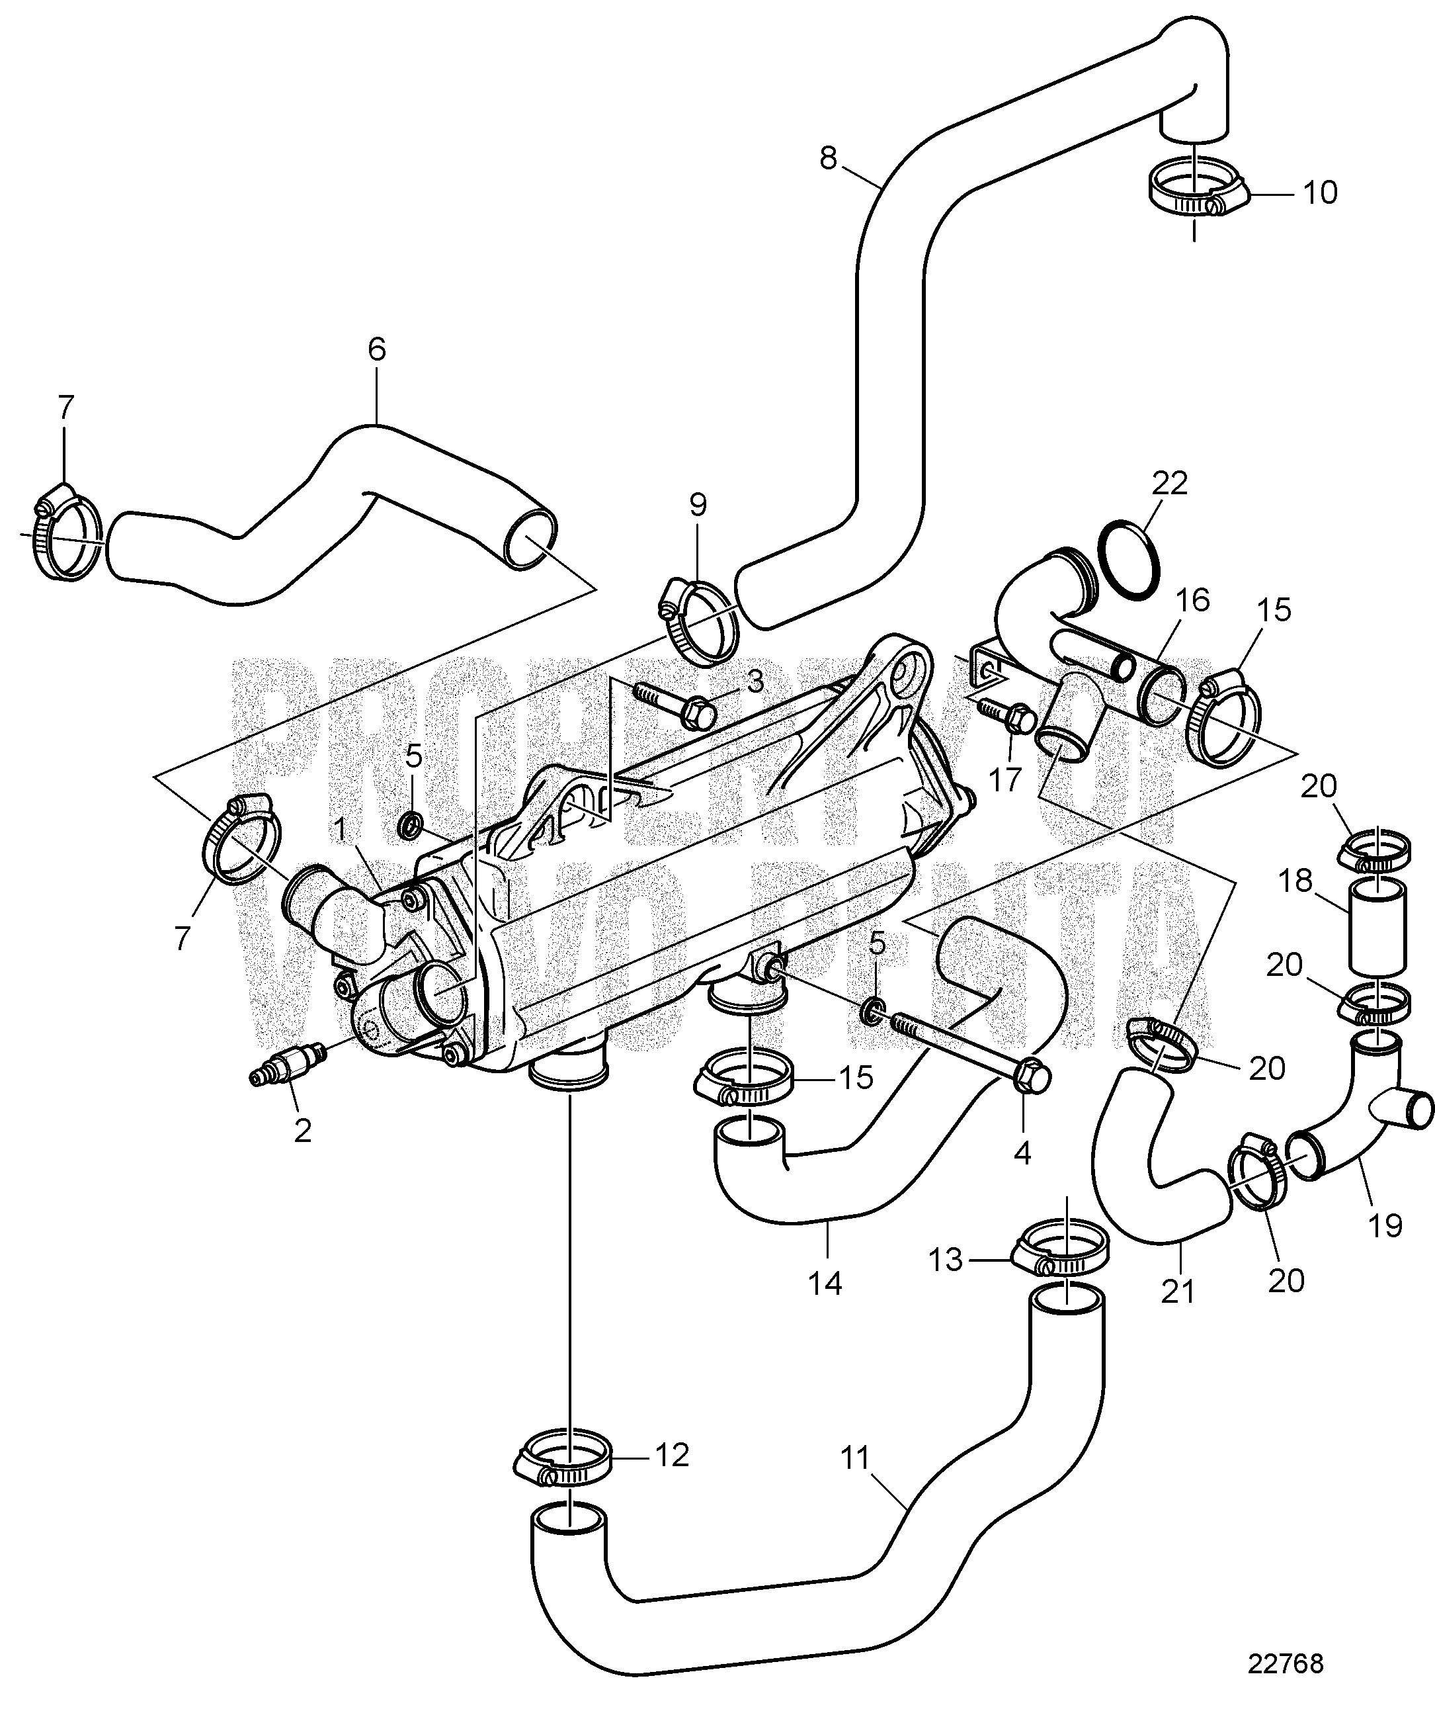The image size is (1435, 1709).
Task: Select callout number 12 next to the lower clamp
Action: (672, 1454)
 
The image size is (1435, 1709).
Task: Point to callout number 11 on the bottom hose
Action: (855, 1458)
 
